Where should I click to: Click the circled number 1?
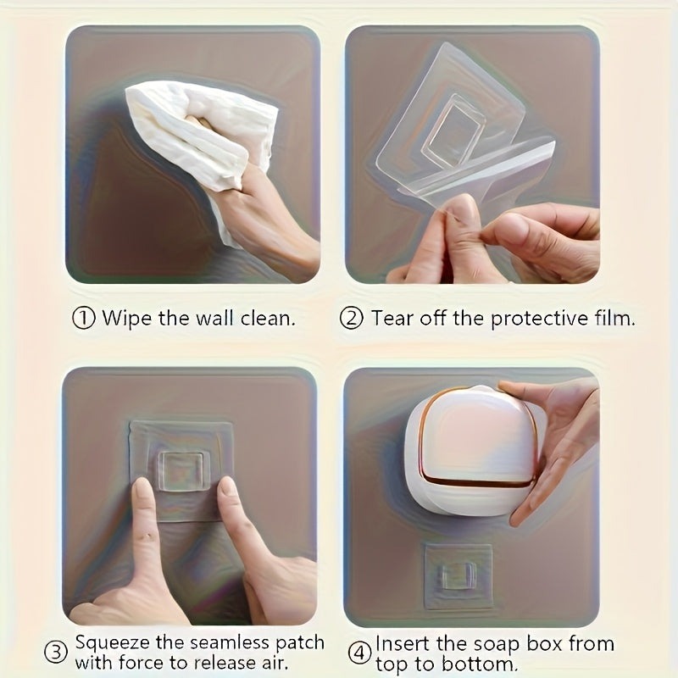pos(83,319)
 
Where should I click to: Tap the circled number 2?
pos(352,319)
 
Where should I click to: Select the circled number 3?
pos(56,653)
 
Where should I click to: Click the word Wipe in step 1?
pos(123,319)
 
